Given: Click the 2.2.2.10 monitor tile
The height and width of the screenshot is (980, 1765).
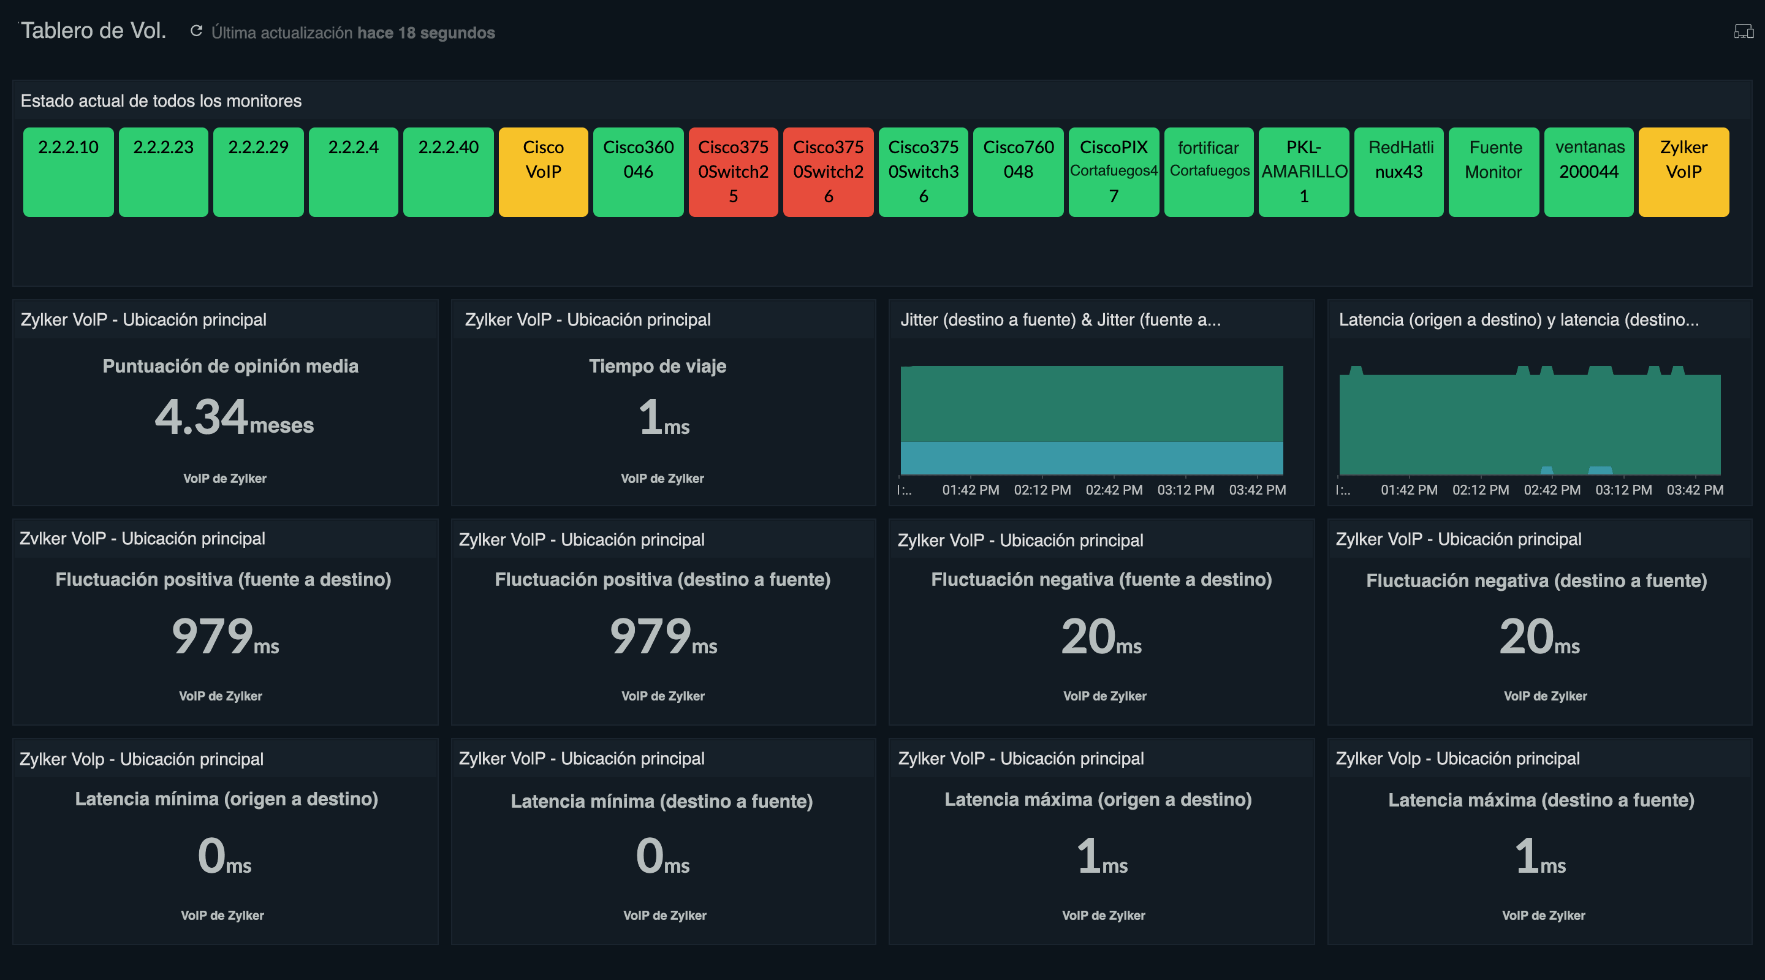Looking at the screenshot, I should click(x=68, y=172).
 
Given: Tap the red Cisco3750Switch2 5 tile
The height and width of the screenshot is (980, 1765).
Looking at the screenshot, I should click(x=732, y=172).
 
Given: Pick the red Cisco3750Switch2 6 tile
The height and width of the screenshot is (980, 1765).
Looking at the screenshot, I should click(x=828, y=172).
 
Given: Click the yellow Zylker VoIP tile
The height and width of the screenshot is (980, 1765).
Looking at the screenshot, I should click(x=1683, y=172).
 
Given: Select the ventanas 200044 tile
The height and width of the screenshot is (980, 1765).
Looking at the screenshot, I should click(x=1588, y=172).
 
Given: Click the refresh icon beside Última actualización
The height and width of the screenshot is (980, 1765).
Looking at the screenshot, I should click(x=196, y=31).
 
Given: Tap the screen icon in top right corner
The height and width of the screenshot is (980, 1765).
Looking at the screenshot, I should click(x=1743, y=31).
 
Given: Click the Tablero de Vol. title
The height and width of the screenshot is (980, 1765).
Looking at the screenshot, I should click(x=93, y=31).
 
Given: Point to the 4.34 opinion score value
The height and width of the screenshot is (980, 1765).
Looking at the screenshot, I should click(x=201, y=417).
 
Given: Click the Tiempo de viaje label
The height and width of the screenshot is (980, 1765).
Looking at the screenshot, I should click(x=657, y=366).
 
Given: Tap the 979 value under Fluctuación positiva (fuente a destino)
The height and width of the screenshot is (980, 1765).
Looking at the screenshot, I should click(x=213, y=636).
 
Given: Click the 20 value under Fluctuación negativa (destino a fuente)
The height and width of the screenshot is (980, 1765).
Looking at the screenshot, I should click(x=1526, y=636).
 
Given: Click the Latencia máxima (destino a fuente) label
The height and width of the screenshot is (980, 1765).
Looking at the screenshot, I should click(x=1540, y=800).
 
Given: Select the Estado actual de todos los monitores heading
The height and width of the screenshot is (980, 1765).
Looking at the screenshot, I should click(x=161, y=101).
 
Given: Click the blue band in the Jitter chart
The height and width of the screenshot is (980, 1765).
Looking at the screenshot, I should click(x=1091, y=458).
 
